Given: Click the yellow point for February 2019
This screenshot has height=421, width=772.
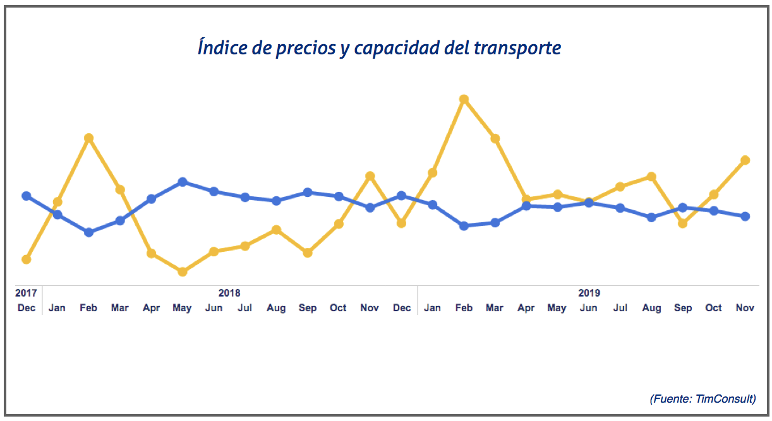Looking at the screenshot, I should [464, 99].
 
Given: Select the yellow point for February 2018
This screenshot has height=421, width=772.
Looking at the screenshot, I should [89, 138].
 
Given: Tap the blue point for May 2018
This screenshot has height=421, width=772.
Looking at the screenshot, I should [183, 182].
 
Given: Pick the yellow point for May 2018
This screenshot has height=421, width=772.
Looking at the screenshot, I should [183, 272].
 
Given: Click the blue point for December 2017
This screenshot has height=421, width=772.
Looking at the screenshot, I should [27, 196].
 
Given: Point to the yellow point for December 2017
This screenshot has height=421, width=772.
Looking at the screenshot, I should [27, 259].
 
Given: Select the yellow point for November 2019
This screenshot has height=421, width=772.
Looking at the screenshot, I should [745, 160].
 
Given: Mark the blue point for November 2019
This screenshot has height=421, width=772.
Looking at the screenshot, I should [745, 216].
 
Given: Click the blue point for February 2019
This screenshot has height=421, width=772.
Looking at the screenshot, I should [464, 226].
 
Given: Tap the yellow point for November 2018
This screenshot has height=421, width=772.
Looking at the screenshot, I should [370, 175].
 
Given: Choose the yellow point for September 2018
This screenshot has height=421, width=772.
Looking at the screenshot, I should [308, 252].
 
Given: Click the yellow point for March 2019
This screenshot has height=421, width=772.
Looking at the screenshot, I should [495, 138].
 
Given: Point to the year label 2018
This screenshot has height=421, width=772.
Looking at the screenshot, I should [229, 293].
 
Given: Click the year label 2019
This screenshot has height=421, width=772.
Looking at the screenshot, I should [589, 293].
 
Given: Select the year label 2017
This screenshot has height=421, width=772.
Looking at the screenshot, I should [26, 293].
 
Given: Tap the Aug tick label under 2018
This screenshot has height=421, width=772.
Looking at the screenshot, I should [276, 308].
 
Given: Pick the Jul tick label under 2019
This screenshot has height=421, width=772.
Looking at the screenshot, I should [620, 308].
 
